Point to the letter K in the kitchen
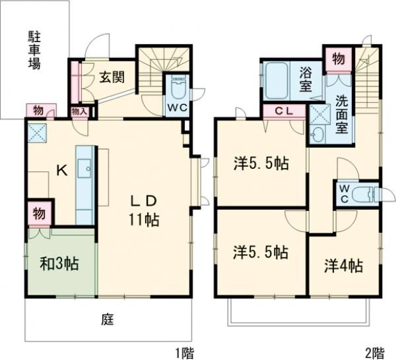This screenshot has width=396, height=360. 61,171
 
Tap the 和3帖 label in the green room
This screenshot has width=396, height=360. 59,264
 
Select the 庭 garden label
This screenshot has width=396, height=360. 108,320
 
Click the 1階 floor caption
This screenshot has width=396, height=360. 185,352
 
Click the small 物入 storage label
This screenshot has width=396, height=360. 79,111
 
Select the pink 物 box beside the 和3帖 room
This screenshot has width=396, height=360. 39,215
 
